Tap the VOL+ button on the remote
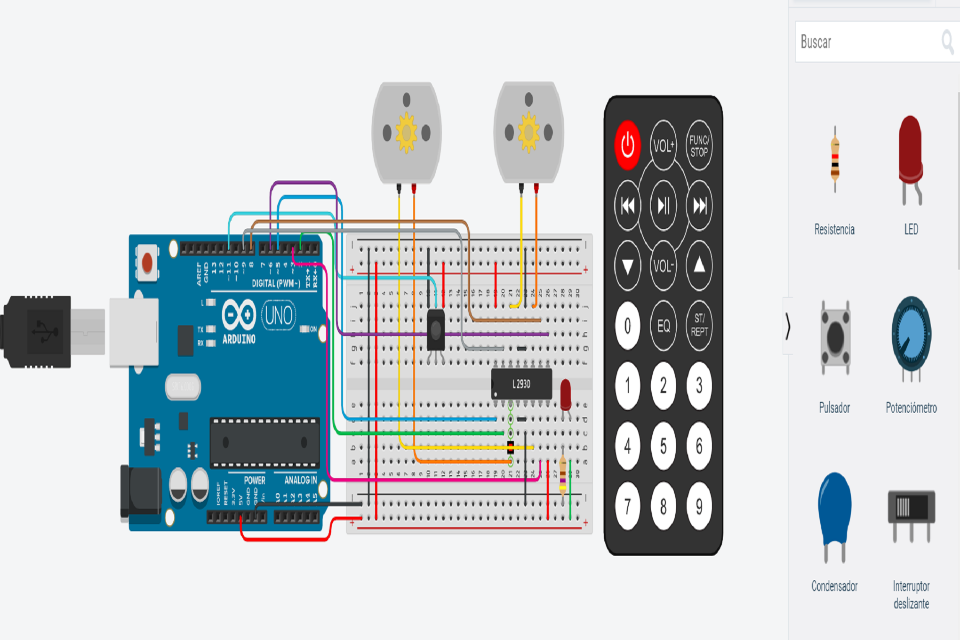pos(663,145)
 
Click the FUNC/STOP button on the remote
pos(699,145)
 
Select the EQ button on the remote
pos(663,326)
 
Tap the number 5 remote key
pos(663,446)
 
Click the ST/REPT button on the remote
pos(699,325)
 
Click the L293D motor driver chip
pos(521,384)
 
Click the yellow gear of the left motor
pos(406,133)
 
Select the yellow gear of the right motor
pos(528,132)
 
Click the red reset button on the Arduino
pos(147,263)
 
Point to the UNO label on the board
pos(279,315)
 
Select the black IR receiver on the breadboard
pos(436,329)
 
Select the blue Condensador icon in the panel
pos(834,511)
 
